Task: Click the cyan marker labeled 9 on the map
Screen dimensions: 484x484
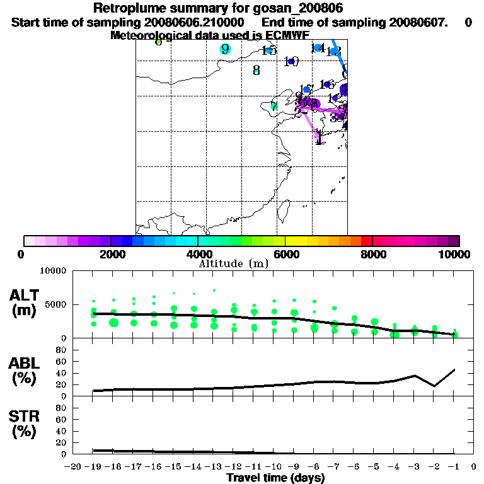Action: tap(225, 49)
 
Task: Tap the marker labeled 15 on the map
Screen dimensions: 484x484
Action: tap(269, 50)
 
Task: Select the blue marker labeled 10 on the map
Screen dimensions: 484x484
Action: tap(291, 61)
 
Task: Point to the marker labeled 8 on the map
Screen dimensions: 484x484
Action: tap(256, 70)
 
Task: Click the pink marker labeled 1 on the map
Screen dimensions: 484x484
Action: tap(319, 135)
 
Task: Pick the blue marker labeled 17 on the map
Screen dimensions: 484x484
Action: tap(307, 89)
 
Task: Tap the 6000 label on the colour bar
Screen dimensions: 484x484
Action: tap(285, 255)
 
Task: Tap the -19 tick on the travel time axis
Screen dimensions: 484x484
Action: tap(93, 466)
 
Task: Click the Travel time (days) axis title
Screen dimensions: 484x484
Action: tap(275, 478)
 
